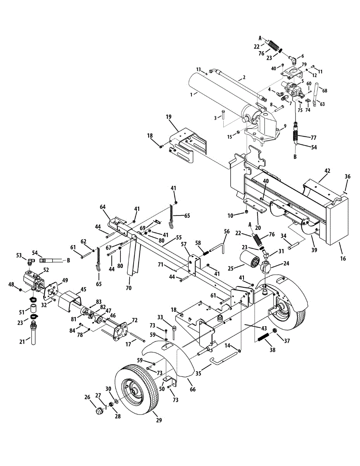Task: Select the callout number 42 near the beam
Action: [x=327, y=170]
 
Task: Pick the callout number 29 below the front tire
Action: [x=159, y=420]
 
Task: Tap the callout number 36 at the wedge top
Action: [x=348, y=176]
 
